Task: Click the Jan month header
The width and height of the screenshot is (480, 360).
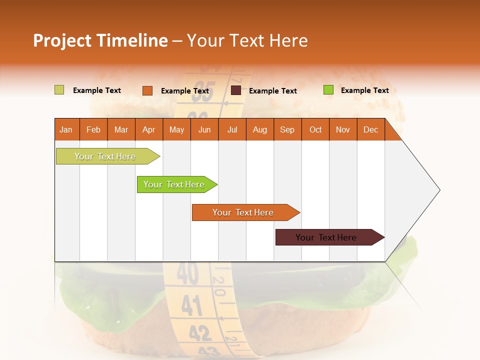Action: (x=66, y=129)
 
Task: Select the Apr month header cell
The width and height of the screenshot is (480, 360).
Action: (x=148, y=129)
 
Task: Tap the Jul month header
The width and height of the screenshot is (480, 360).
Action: (x=232, y=129)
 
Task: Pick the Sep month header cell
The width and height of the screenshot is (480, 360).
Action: (x=287, y=129)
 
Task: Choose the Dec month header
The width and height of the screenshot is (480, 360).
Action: (x=370, y=129)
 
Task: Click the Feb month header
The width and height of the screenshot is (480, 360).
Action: (x=93, y=129)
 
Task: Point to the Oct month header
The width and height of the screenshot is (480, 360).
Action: (x=315, y=129)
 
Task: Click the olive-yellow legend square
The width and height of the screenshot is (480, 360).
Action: (x=59, y=90)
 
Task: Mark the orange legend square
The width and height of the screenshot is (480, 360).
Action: (x=147, y=90)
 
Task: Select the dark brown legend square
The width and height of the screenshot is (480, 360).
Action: (x=236, y=90)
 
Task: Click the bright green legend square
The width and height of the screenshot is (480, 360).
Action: (x=328, y=90)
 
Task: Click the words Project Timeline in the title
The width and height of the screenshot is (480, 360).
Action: (x=100, y=40)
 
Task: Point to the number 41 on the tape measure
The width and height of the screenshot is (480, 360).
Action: (x=191, y=305)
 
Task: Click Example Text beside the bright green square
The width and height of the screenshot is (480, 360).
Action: (x=364, y=90)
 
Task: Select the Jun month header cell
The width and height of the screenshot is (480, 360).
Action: (x=204, y=129)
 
